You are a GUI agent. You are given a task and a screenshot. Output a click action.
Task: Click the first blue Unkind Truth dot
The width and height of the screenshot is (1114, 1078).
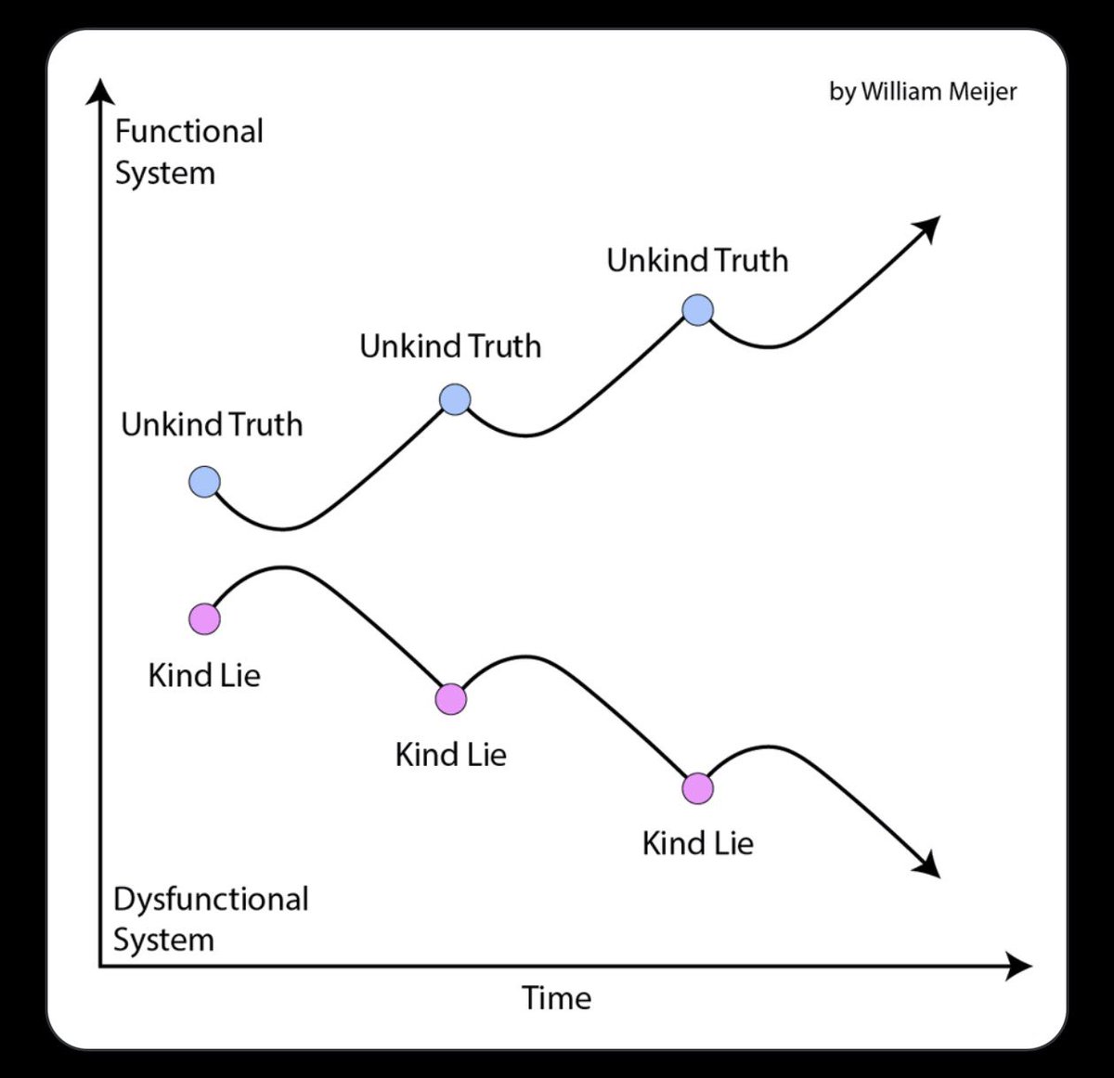(204, 483)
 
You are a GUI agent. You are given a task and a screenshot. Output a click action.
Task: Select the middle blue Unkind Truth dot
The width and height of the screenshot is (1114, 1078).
(455, 399)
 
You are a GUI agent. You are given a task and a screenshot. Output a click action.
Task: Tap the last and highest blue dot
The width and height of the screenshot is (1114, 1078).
(697, 309)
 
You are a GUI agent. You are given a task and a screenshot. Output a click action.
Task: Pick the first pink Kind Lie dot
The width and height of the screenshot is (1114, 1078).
(204, 618)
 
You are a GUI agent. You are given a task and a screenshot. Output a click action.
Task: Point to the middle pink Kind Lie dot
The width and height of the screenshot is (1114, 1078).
(451, 699)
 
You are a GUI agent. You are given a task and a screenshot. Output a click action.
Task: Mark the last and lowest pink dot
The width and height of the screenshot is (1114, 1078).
(697, 788)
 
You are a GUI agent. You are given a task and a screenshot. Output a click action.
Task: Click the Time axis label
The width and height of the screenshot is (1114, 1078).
(556, 998)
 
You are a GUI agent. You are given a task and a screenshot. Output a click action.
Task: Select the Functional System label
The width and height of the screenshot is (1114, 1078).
(188, 151)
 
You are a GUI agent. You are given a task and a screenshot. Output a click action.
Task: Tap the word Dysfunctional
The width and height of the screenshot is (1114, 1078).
(211, 899)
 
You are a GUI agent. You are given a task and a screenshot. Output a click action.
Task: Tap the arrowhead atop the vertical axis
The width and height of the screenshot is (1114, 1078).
(100, 91)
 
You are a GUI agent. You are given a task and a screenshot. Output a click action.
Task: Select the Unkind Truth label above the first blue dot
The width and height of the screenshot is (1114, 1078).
(212, 424)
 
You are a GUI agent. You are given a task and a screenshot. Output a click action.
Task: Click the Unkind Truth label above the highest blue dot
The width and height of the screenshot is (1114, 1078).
(697, 260)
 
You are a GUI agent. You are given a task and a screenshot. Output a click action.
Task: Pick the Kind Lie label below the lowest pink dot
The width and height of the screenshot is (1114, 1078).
(697, 843)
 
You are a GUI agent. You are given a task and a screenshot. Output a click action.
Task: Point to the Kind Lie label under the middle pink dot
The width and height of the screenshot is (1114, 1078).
(451, 754)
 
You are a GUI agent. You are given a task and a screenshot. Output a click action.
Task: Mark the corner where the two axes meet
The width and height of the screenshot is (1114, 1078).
(100, 967)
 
